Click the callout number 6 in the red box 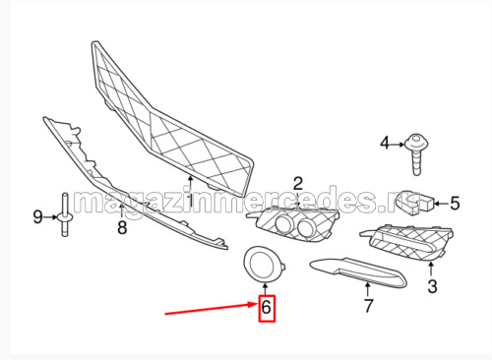(266, 307)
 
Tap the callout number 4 (385, 144)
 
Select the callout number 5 (455, 204)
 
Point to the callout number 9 (37, 216)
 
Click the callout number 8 (122, 227)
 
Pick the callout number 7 (369, 306)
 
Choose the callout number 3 (432, 286)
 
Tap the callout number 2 (297, 184)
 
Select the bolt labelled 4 (416, 153)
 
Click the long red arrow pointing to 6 (212, 309)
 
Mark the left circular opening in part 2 (283, 224)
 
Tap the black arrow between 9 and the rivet (51, 217)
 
